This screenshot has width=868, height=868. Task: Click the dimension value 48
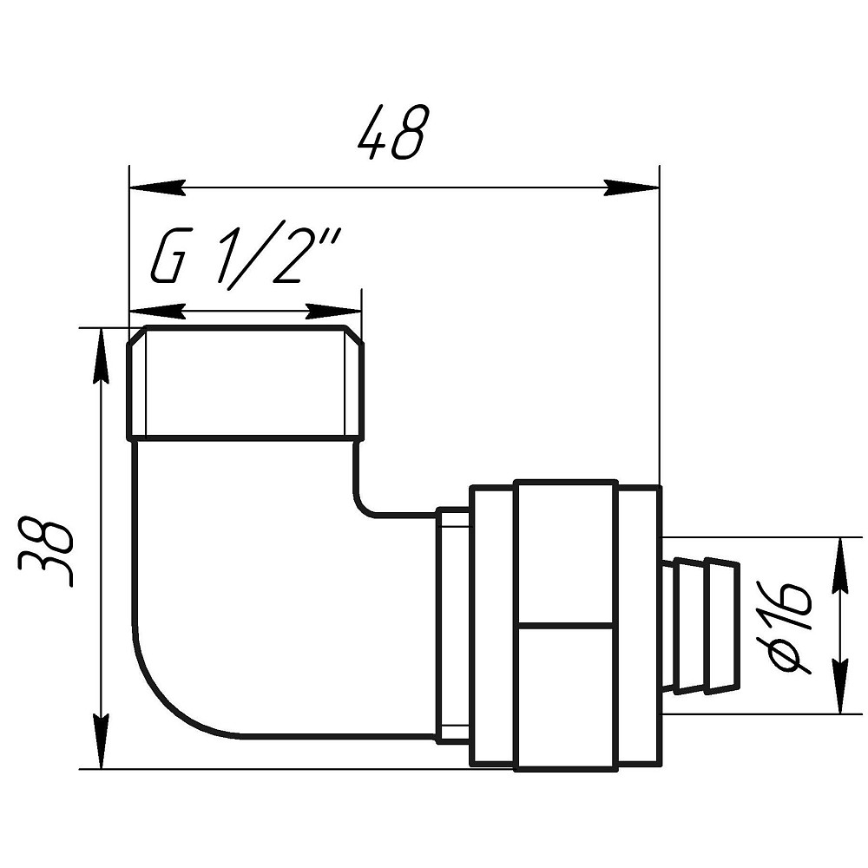393,132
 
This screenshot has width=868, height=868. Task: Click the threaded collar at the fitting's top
245,384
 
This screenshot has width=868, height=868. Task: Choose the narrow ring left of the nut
452,625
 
